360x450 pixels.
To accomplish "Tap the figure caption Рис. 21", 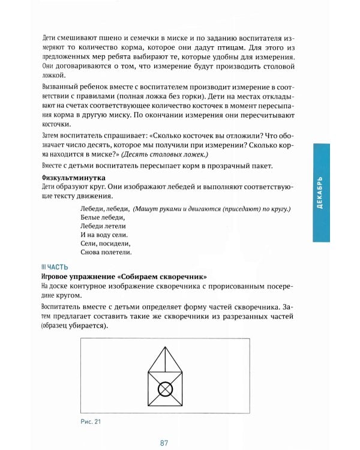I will (90, 421).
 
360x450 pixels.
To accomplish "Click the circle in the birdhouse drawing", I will (165, 391).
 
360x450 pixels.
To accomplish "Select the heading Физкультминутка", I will (73, 178).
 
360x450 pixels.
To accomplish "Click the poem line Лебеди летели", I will (102, 226).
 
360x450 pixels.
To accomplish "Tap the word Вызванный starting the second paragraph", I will (62, 89).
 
